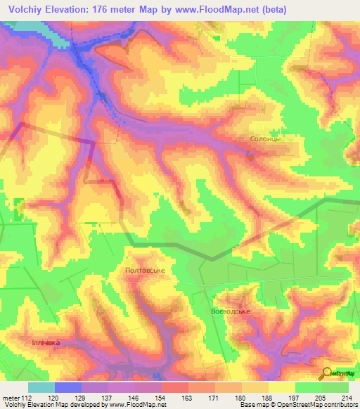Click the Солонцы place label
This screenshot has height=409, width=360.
(x=266, y=139)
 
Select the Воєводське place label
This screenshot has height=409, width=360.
(x=231, y=311)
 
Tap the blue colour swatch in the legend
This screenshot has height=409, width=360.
(x=67, y=387)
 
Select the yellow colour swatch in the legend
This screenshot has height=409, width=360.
(x=281, y=387)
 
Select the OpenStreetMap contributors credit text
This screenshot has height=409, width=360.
(x=309, y=405)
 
